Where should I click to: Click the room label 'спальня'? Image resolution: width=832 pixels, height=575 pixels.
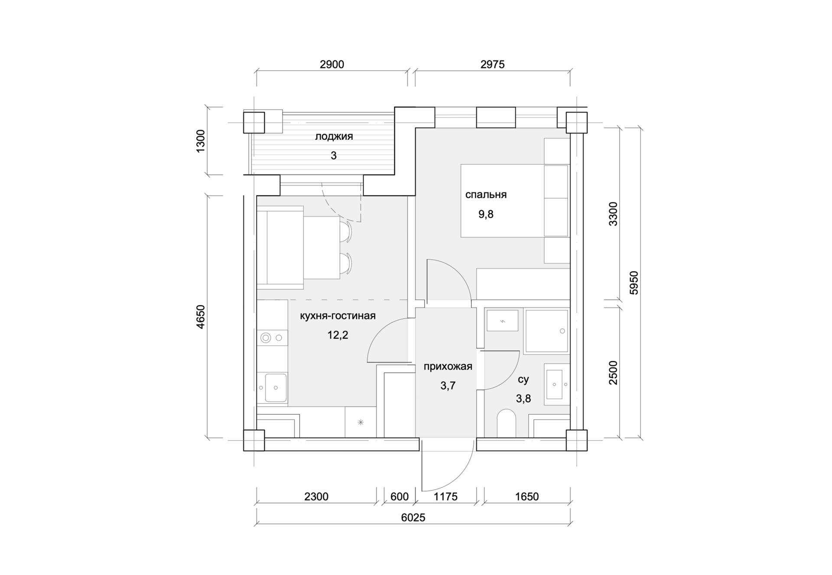point(486,195)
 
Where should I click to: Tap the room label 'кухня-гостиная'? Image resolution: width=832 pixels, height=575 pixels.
point(338,316)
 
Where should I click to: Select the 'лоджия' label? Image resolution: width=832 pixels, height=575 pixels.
point(334,137)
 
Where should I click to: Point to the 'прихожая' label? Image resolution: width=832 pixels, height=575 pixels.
point(448,366)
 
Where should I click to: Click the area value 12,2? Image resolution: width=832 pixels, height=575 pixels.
point(338,335)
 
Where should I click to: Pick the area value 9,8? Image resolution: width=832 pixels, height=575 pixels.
point(486,214)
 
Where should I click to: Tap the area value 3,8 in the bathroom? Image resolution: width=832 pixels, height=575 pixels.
point(523,399)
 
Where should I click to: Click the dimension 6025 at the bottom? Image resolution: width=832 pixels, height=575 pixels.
point(413,517)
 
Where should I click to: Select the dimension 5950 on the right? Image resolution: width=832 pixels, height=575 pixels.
point(634,283)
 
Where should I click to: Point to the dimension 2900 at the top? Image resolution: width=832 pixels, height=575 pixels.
point(332,65)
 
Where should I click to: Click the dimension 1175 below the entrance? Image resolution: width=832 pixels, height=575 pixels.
point(445,497)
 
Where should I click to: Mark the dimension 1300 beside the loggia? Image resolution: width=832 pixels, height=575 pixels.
point(200,141)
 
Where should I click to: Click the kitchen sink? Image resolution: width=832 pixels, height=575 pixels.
point(276,388)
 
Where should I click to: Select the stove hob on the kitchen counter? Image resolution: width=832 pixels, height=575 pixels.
point(272,337)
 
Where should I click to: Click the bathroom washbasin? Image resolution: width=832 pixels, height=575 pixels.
point(555,384)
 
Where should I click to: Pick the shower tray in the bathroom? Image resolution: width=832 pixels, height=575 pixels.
point(546,330)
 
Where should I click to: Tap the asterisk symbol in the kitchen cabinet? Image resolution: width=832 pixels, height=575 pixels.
point(361,422)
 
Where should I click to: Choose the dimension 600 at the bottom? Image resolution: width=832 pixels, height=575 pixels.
point(399,497)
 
